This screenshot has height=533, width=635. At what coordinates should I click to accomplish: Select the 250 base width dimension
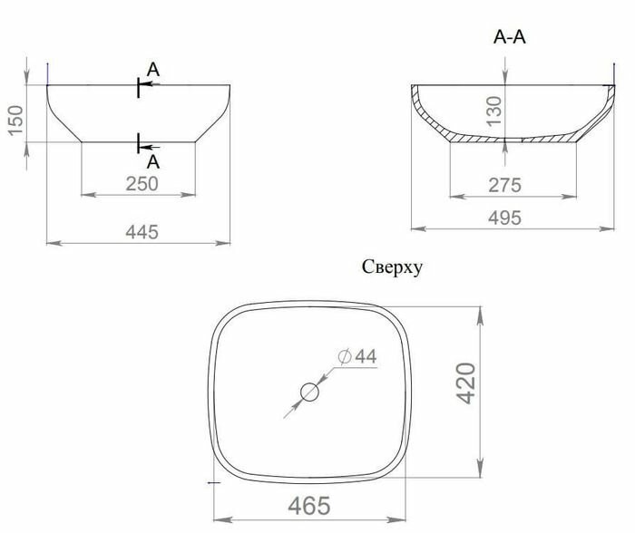pyautogui.click(x=141, y=182)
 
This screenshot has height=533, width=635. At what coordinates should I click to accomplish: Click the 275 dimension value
pyautogui.click(x=504, y=185)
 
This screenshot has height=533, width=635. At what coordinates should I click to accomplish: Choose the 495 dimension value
pyautogui.click(x=504, y=218)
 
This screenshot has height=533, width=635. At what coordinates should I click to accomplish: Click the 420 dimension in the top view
pyautogui.click(x=464, y=383)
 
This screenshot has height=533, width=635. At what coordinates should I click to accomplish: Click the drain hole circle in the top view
pyautogui.click(x=309, y=392)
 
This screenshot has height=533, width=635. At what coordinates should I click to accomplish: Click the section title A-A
pyautogui.click(x=509, y=37)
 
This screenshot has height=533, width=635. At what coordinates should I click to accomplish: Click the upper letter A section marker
pyautogui.click(x=153, y=70)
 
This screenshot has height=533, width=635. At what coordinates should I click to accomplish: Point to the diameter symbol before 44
pyautogui.click(x=344, y=358)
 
